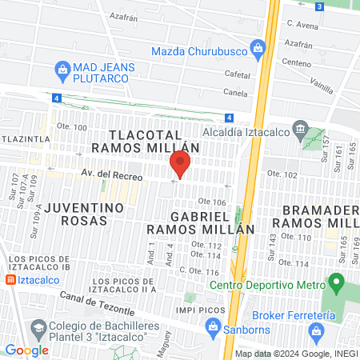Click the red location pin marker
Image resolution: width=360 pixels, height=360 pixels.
click(x=180, y=164)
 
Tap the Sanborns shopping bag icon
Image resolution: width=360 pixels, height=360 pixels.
click(x=212, y=326)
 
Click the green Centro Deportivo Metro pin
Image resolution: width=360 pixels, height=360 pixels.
click(x=337, y=282)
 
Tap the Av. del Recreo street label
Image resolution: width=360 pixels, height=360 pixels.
click(x=112, y=175)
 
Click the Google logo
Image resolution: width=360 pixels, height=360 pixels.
click(x=26, y=350)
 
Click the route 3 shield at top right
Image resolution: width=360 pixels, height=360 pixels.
click(x=318, y=6)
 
